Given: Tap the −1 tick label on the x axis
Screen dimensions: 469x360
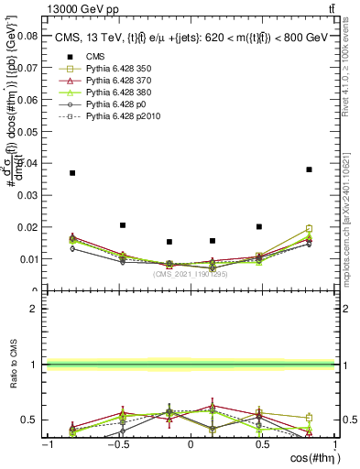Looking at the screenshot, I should point(46,444).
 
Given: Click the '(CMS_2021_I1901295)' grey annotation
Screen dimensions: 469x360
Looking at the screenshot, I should point(191,274).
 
